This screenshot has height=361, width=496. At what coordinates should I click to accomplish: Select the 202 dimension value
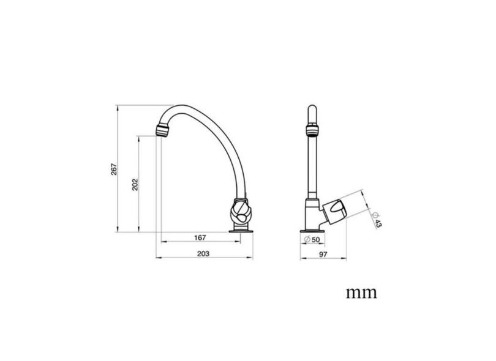(135, 184)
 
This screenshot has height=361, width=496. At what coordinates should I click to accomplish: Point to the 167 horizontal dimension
(198, 237)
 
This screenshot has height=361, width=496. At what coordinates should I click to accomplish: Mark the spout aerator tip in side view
(162, 130)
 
